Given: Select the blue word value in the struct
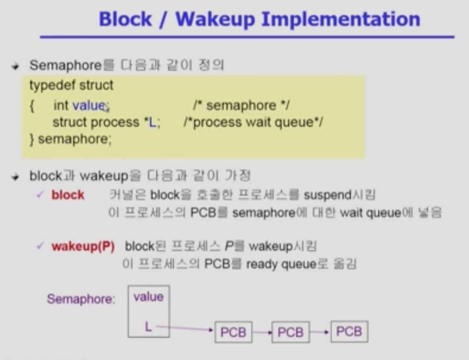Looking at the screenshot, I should click(x=89, y=105).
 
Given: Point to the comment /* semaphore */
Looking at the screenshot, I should click(x=241, y=105).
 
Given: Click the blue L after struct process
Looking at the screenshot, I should click(x=152, y=123).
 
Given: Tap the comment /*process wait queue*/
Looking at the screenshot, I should click(x=253, y=123).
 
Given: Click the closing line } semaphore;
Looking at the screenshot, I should click(x=70, y=139).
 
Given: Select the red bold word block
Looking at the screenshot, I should click(x=68, y=195).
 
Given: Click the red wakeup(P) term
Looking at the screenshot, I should click(x=83, y=246).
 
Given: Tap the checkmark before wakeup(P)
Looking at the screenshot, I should click(x=40, y=246).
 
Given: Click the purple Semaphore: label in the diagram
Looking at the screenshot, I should click(x=81, y=299).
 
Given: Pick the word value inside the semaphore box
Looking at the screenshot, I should click(x=148, y=297).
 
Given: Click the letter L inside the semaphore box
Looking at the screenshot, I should click(x=148, y=327).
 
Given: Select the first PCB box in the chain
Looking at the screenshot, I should click(x=233, y=332).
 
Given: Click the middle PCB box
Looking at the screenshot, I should click(x=290, y=332).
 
